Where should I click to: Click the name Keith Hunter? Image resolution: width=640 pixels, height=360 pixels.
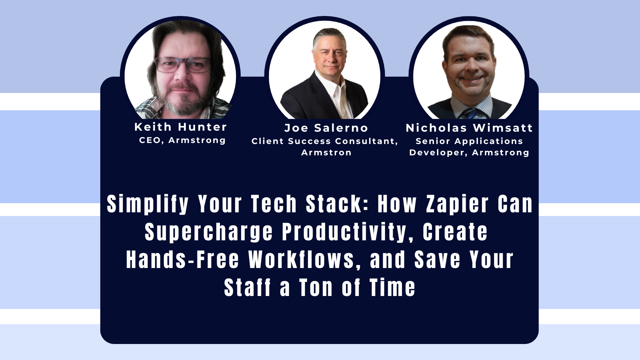coord(180,127)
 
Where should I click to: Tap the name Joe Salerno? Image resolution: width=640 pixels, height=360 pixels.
coord(326,128)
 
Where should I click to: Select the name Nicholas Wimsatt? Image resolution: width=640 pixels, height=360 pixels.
coord(469,128)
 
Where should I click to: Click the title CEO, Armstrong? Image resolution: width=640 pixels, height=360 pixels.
coord(182,140)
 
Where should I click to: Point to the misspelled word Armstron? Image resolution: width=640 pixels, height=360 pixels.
coord(326,153)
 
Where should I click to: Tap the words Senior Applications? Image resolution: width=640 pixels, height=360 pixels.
coord(469,141)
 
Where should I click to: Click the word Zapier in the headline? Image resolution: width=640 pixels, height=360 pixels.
coord(457,204)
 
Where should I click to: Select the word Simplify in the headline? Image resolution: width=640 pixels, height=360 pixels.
coord(148,204)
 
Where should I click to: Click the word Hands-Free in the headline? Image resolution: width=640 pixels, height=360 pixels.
coord(182,260)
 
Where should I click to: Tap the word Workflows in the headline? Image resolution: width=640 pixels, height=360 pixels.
coord(302,260)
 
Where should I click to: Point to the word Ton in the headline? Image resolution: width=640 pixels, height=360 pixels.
coord(316,288)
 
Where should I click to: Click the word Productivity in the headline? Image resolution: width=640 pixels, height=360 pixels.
coord(344,232)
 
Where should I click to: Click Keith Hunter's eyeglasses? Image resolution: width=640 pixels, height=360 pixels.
coord(182,65)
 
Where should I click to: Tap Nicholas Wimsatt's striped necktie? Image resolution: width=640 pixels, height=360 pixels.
coord(470,113)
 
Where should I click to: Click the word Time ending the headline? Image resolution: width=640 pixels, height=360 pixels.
coord(392,288)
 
